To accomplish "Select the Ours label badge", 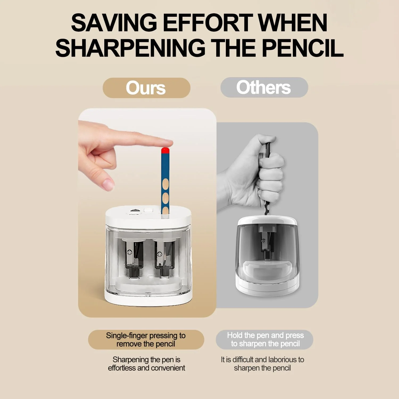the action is (146, 88).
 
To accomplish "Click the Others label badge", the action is (264, 87).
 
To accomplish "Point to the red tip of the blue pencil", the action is (165, 151).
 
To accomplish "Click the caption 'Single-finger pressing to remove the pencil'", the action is (146, 340).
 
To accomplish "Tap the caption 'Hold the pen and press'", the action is (265, 335).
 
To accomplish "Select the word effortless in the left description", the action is (122, 368).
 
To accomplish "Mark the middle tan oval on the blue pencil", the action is (165, 198).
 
